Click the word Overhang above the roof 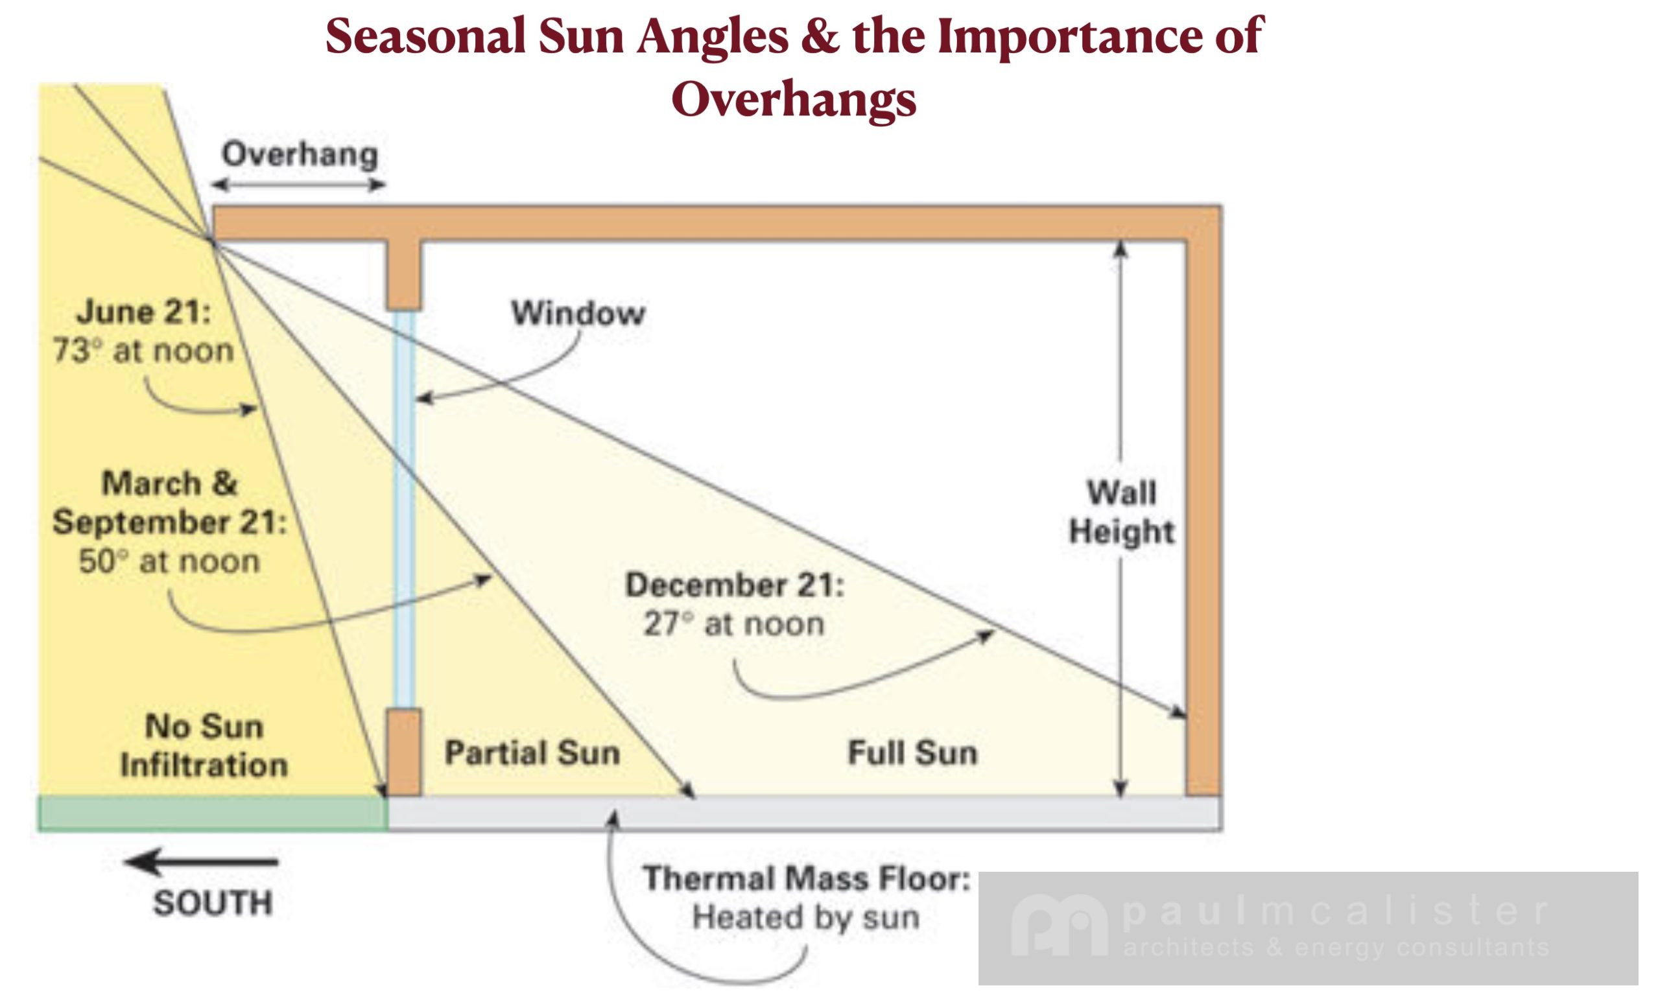pyautogui.click(x=300, y=154)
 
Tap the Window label pyautogui.click(x=578, y=312)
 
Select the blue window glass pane pyautogui.click(x=404, y=509)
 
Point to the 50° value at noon pyautogui.click(x=104, y=561)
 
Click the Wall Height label pyautogui.click(x=1122, y=512)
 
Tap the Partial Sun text pyautogui.click(x=532, y=753)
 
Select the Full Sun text pyautogui.click(x=912, y=753)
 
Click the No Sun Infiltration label pyautogui.click(x=204, y=745)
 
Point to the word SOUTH pyautogui.click(x=213, y=904)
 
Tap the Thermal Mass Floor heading pyautogui.click(x=807, y=878)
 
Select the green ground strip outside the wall pyautogui.click(x=213, y=813)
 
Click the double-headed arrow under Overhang pyautogui.click(x=298, y=185)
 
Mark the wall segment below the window pyautogui.click(x=404, y=752)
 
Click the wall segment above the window pyautogui.click(x=404, y=274)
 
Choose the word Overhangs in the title pyautogui.click(x=794, y=100)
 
